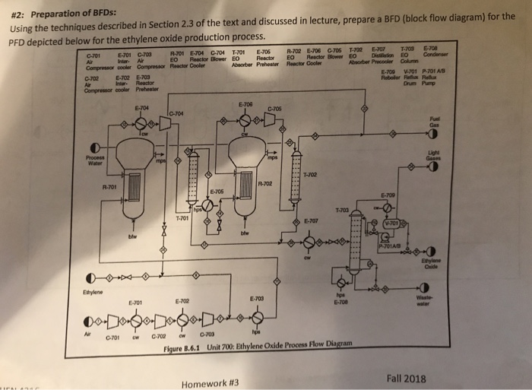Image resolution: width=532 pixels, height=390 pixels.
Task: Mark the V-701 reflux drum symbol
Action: [x=392, y=224]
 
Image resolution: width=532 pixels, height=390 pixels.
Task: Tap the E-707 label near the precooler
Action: [x=310, y=221]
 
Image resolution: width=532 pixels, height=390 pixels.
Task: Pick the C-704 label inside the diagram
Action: [x=178, y=114]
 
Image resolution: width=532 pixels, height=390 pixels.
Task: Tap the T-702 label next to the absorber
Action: [x=309, y=175]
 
